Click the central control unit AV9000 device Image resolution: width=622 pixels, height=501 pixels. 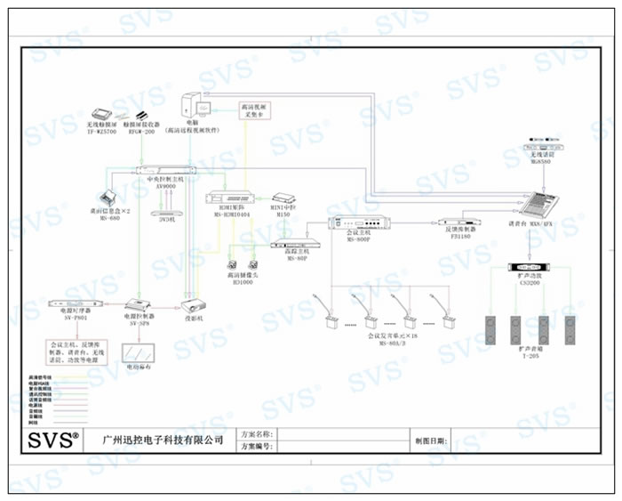point(165,169)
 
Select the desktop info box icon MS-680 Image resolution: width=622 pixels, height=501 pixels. point(110,196)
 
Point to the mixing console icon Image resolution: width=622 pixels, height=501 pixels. point(545,206)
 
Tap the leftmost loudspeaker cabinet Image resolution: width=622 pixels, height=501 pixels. point(492,330)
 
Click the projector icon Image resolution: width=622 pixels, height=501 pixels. point(194,304)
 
